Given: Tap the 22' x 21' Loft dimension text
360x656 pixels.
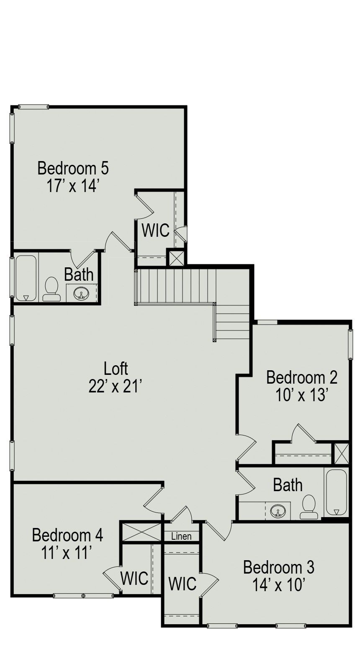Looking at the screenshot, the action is pos(115,387).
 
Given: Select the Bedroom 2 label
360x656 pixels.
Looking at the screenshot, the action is pos(302,377).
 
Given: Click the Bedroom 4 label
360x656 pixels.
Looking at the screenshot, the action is pos(67,535).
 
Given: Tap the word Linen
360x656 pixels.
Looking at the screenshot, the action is pos(181,536).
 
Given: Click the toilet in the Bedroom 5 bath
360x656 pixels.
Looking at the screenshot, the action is pos(52,289).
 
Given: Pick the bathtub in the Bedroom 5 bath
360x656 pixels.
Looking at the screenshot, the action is pos(26,278).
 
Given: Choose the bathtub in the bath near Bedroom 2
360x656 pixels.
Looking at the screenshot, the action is pos(336,493).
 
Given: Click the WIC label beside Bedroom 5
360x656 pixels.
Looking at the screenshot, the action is pos(156,230).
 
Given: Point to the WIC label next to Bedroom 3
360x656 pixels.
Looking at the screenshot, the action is pos(182,584).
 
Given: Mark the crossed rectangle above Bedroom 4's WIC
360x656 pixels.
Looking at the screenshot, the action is pos(141,532).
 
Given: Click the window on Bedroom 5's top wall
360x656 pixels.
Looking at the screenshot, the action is pos(33,107).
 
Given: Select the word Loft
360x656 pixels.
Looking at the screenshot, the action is pos(116,369).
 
